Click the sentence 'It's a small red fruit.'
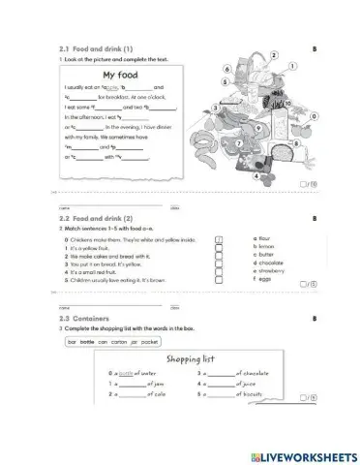click(x=105, y=272)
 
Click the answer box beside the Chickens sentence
click(x=218, y=238)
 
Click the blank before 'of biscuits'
click(x=224, y=394)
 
